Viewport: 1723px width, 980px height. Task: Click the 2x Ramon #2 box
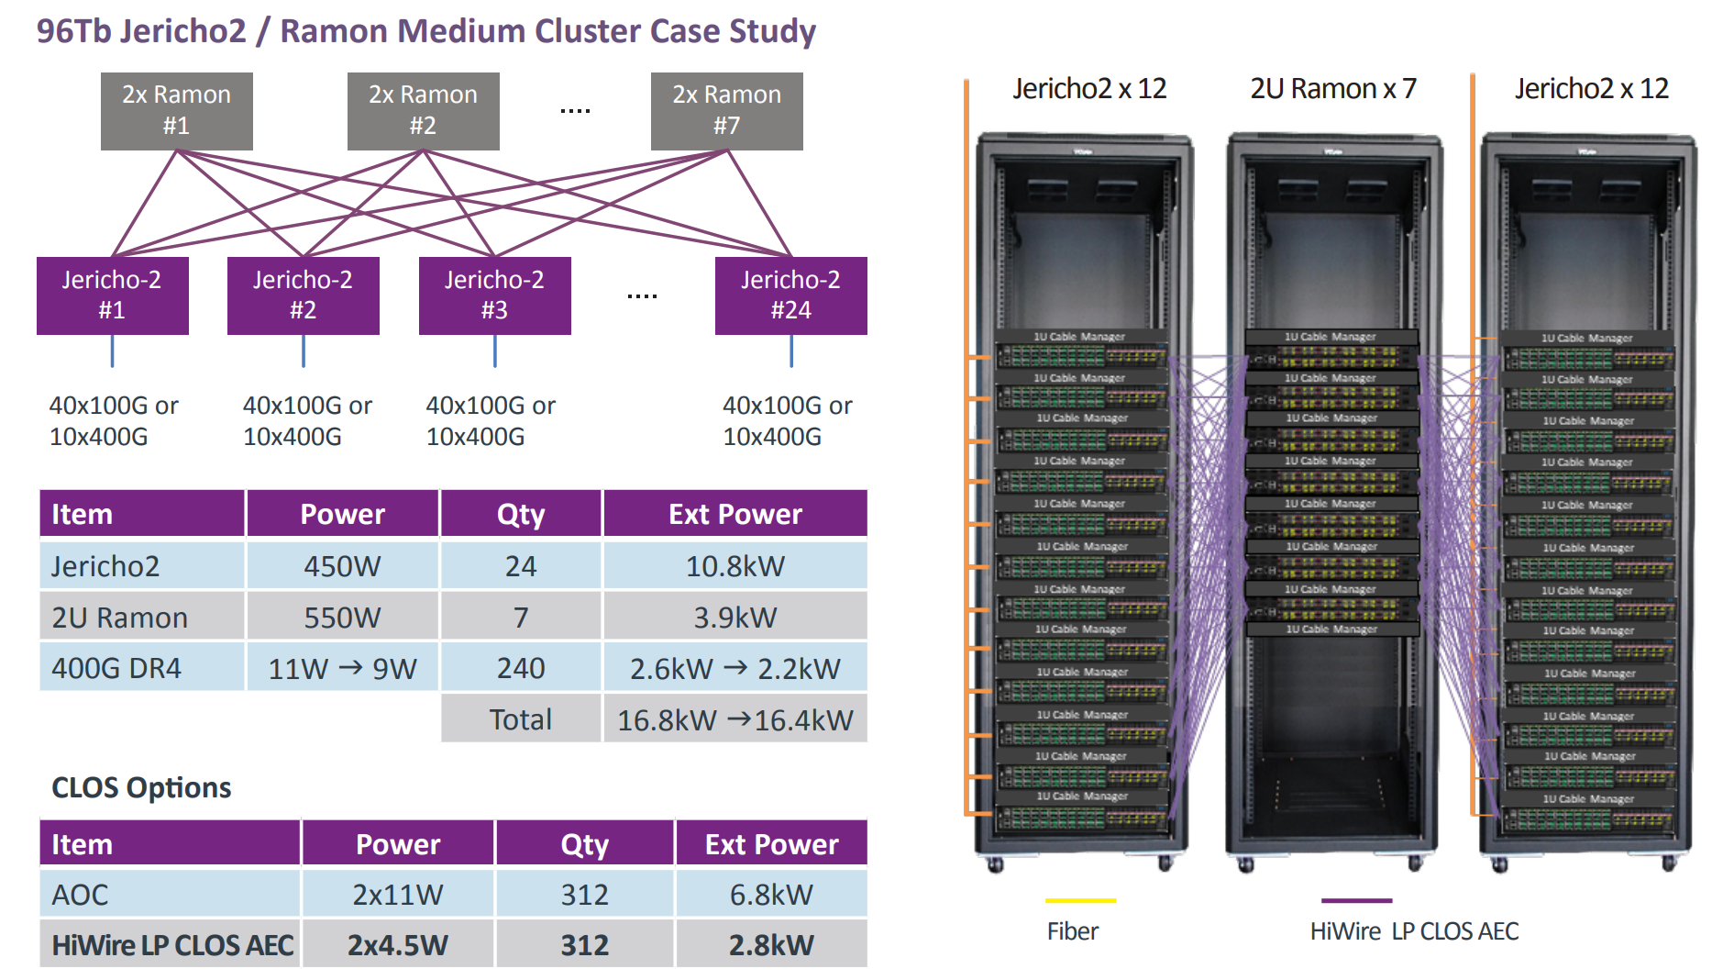tap(423, 111)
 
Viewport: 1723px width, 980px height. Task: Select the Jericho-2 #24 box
tap(790, 295)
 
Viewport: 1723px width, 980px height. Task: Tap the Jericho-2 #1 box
tap(112, 295)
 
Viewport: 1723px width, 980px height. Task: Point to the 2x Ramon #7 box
tap(726, 111)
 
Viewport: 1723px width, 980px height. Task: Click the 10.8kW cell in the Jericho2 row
tap(734, 565)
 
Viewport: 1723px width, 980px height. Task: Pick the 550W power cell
tap(342, 617)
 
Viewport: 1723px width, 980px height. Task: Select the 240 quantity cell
tap(520, 668)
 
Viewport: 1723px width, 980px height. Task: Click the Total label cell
tap(520, 719)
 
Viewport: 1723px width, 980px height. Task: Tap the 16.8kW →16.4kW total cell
tap(734, 719)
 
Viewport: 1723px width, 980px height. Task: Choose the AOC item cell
tap(170, 894)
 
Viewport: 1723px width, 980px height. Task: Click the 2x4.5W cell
tap(398, 944)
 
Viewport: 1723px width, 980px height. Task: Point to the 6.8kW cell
tap(771, 894)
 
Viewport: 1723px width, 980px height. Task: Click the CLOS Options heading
tap(141, 787)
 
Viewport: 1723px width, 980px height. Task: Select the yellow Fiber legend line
tap(1080, 901)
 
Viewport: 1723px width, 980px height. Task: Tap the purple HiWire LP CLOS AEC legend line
tap(1356, 901)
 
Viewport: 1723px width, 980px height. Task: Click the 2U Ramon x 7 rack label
tap(1333, 89)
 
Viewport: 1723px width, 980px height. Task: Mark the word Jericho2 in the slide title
tap(183, 31)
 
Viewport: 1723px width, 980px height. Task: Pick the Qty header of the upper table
tap(520, 514)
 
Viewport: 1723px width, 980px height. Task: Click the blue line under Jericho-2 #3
tap(494, 351)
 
